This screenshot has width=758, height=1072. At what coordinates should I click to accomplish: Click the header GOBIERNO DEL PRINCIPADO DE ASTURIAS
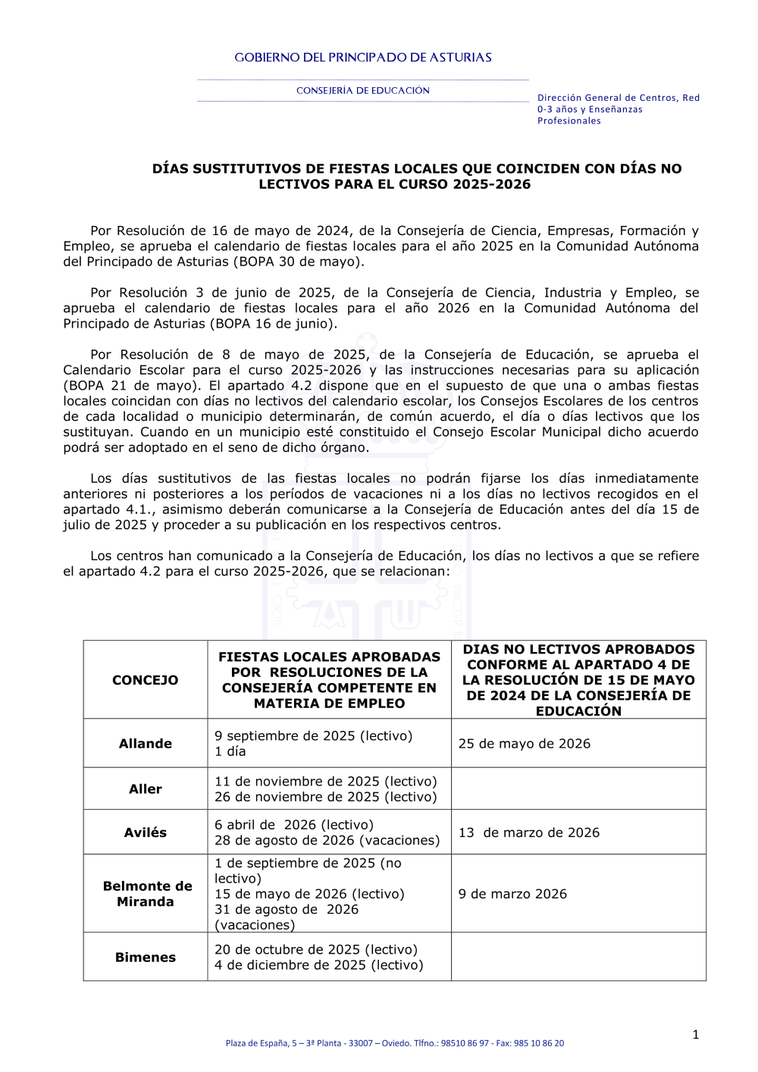[x=362, y=58]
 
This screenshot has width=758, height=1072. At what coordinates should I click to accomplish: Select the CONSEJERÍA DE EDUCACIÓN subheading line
[x=362, y=91]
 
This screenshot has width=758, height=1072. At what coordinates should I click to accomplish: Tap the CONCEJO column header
[x=145, y=680]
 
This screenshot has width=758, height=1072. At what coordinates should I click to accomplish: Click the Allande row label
[x=145, y=744]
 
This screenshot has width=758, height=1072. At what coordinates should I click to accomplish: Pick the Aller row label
[x=145, y=789]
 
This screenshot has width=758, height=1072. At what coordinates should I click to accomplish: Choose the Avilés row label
[x=145, y=832]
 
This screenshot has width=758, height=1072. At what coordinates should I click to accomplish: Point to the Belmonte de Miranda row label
[x=145, y=894]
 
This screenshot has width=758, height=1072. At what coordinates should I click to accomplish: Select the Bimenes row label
[x=145, y=958]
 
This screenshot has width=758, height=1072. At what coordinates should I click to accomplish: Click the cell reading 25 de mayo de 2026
[x=524, y=744]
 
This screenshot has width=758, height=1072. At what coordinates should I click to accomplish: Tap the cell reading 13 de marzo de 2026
[x=528, y=832]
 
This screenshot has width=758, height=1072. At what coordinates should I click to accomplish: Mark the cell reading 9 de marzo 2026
[x=512, y=894]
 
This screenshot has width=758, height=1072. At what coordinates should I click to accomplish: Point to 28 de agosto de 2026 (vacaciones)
[x=327, y=840]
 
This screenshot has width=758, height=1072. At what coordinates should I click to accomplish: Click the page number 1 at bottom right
[x=695, y=1035]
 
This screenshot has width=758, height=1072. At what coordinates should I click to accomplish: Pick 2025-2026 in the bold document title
[x=491, y=184]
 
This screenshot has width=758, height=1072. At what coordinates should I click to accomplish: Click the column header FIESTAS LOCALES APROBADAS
[x=329, y=657]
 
